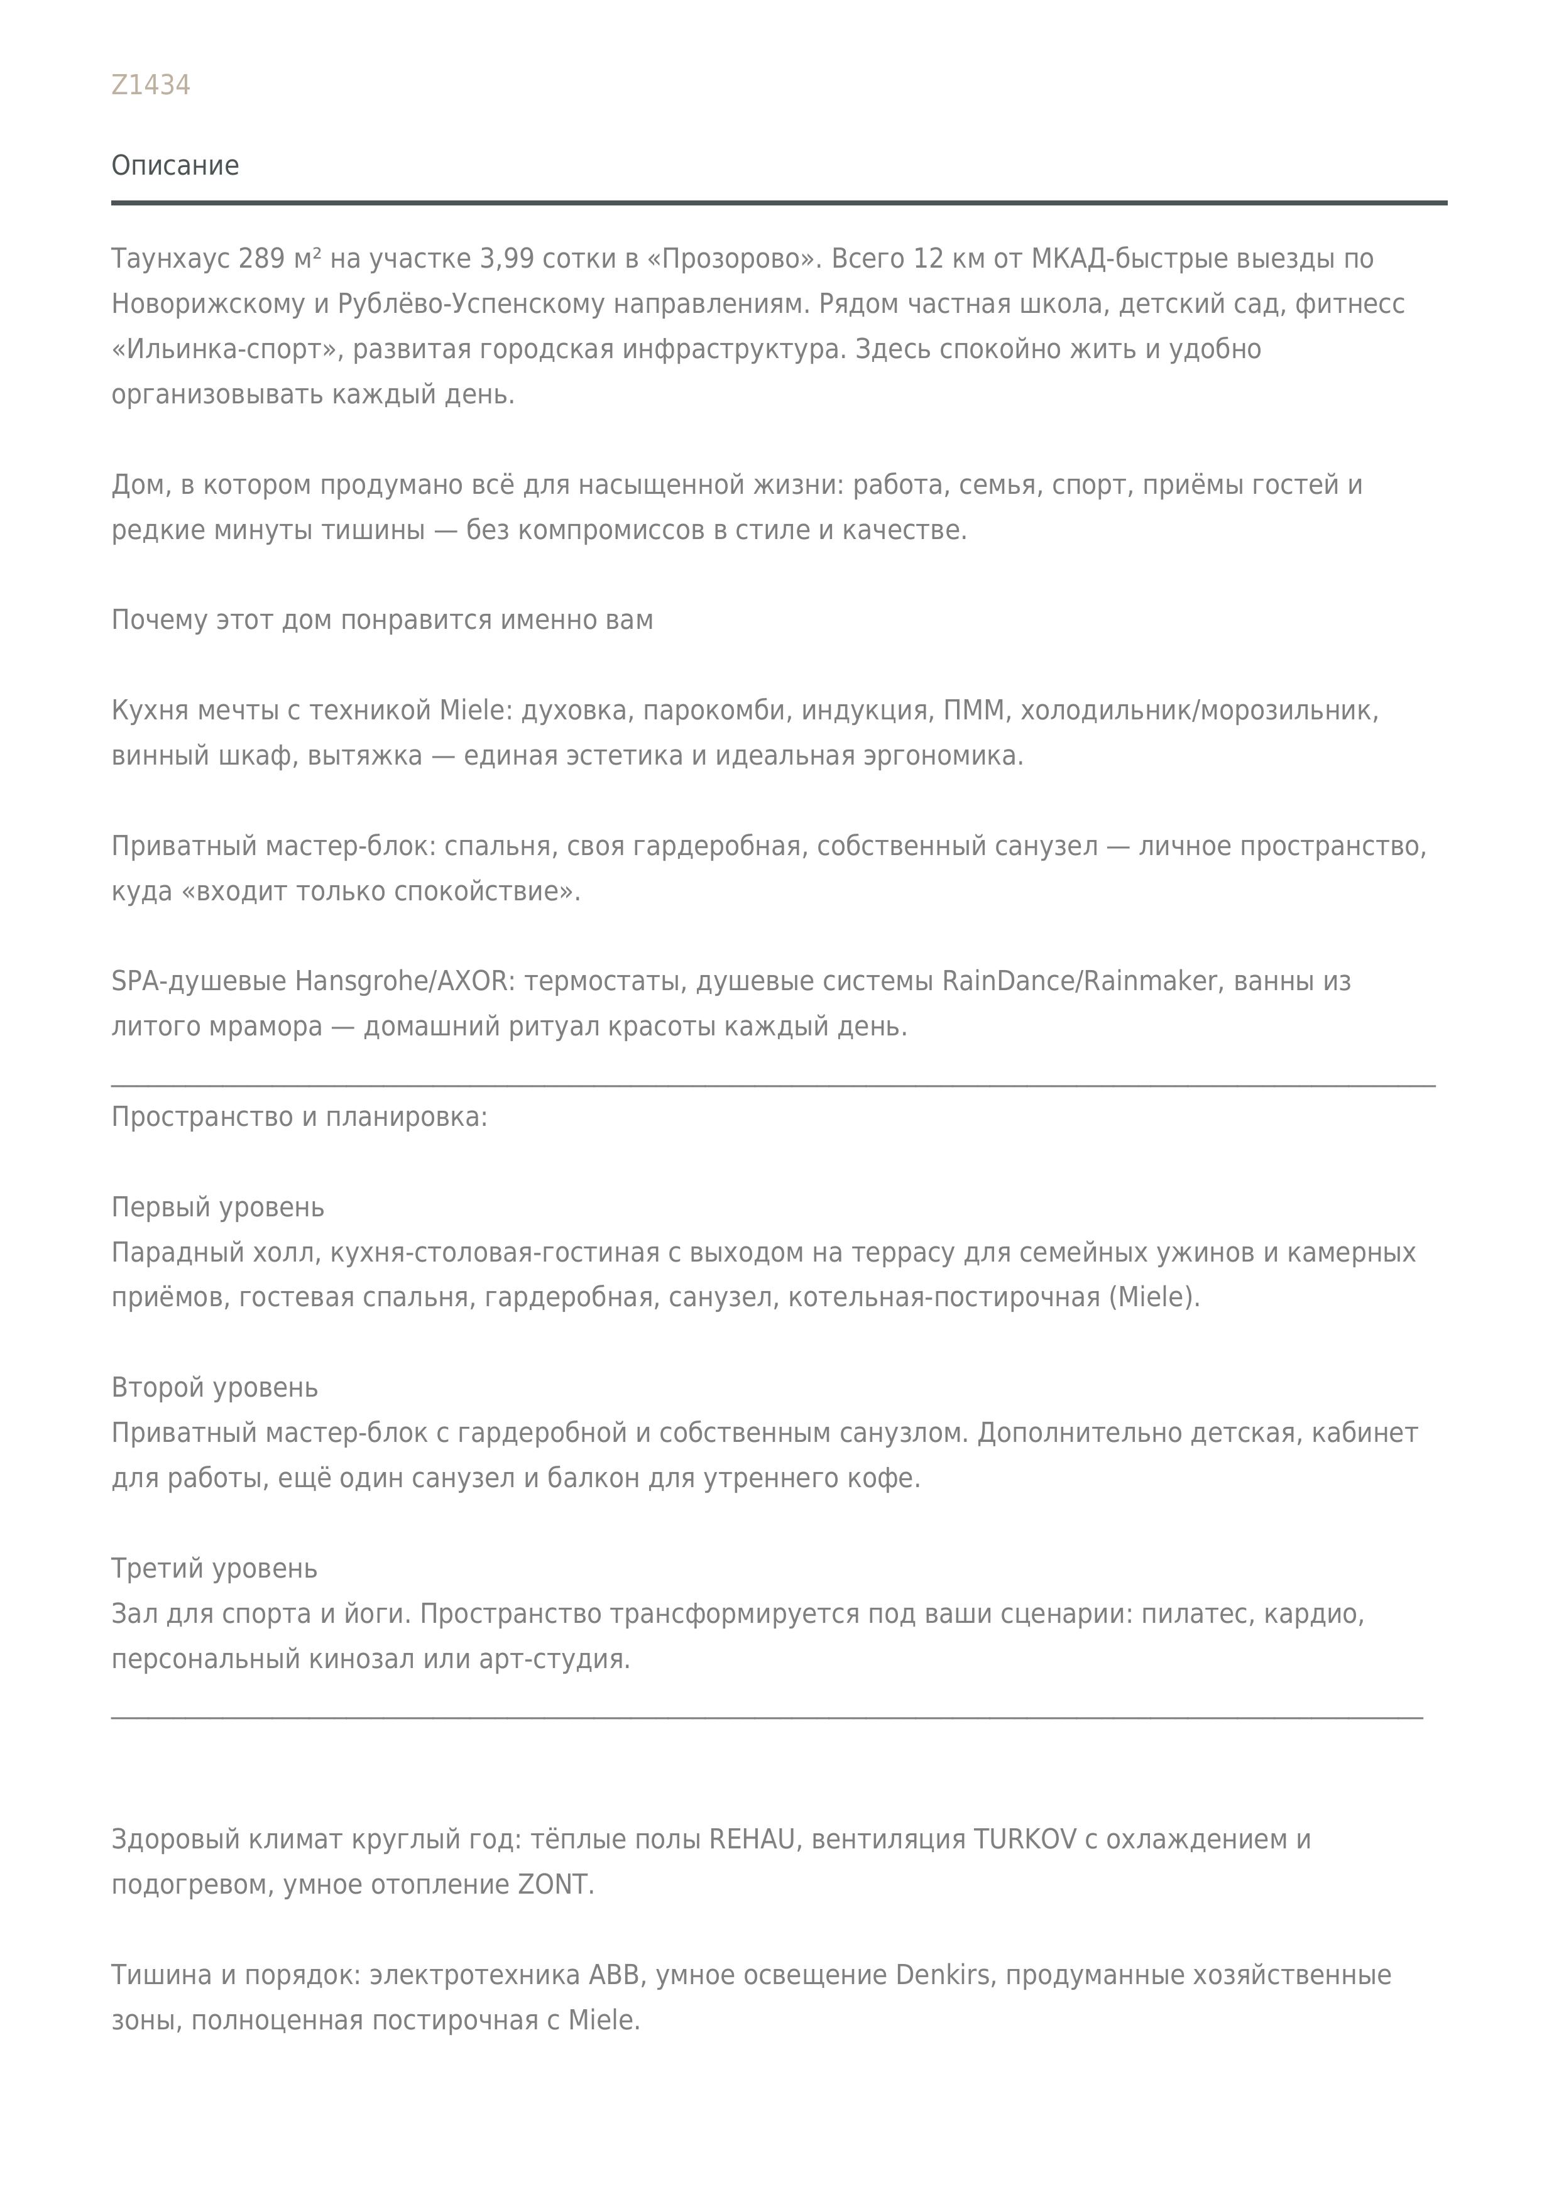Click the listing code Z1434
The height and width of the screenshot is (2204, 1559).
[x=151, y=85]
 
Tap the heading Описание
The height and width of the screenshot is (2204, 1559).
[x=175, y=165]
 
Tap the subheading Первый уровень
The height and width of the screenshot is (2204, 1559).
[x=218, y=1208]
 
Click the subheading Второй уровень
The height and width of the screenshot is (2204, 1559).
[x=214, y=1388]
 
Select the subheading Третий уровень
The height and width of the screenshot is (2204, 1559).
[x=214, y=1569]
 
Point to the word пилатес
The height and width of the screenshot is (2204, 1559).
[x=1197, y=1613]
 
